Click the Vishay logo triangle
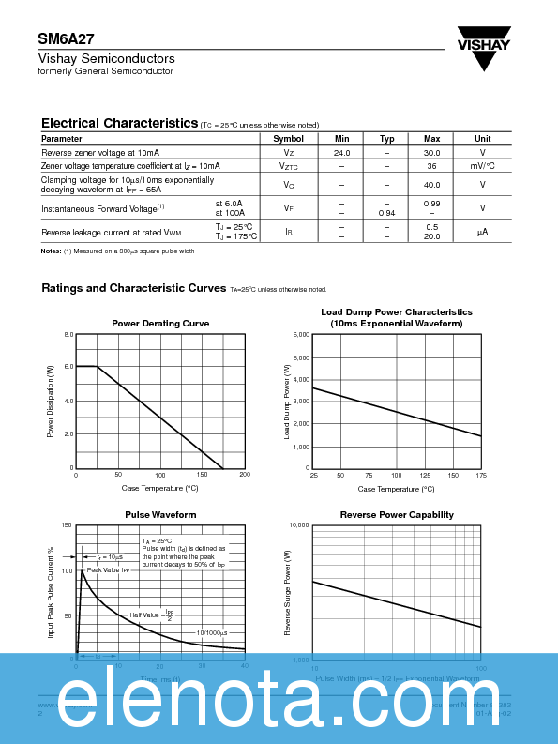point(484,59)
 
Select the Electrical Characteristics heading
point(119,123)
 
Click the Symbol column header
point(289,138)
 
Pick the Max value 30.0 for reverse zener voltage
point(431,152)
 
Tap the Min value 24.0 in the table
point(341,152)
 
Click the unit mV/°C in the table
point(482,165)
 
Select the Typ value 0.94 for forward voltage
point(386,213)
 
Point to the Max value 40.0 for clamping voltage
point(431,185)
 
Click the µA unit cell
point(482,232)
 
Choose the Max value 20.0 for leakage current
point(431,236)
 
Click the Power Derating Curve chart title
point(160,323)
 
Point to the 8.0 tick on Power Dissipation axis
point(68,334)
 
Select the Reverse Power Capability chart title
point(397,514)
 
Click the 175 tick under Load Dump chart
point(481,475)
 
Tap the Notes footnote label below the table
point(51,251)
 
